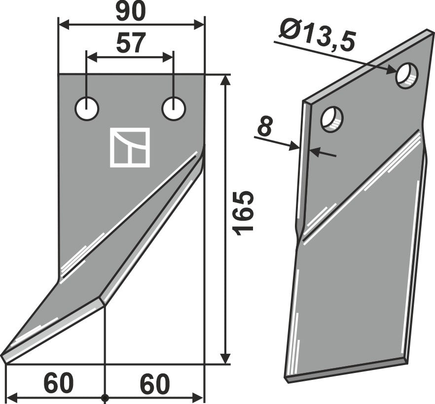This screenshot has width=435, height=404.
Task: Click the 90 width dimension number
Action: pos(131,12)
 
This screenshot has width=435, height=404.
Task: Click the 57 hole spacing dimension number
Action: pos(131,43)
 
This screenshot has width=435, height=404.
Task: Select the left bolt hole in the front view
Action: pos(87,108)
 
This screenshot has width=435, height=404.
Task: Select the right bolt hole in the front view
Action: pos(174,108)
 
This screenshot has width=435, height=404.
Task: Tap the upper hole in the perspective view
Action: pos(407,76)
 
